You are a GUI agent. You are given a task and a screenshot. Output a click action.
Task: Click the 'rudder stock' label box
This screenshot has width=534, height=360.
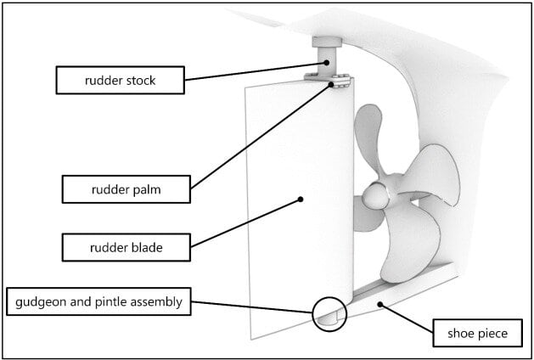[x=120, y=81]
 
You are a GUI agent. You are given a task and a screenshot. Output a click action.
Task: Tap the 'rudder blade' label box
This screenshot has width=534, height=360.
[x=126, y=248]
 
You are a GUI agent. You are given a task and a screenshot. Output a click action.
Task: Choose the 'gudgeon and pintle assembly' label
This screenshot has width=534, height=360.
[x=96, y=301]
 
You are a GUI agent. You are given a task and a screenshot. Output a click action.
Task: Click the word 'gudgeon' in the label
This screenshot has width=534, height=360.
[x=39, y=301]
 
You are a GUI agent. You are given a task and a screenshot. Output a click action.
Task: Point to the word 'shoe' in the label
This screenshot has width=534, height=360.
[x=459, y=333]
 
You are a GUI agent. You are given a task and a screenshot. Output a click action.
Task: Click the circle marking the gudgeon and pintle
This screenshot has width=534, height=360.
[x=329, y=313]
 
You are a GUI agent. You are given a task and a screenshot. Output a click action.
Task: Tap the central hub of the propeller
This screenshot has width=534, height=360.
[x=373, y=197]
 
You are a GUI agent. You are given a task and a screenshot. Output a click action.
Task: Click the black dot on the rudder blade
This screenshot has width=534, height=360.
[x=300, y=200]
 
